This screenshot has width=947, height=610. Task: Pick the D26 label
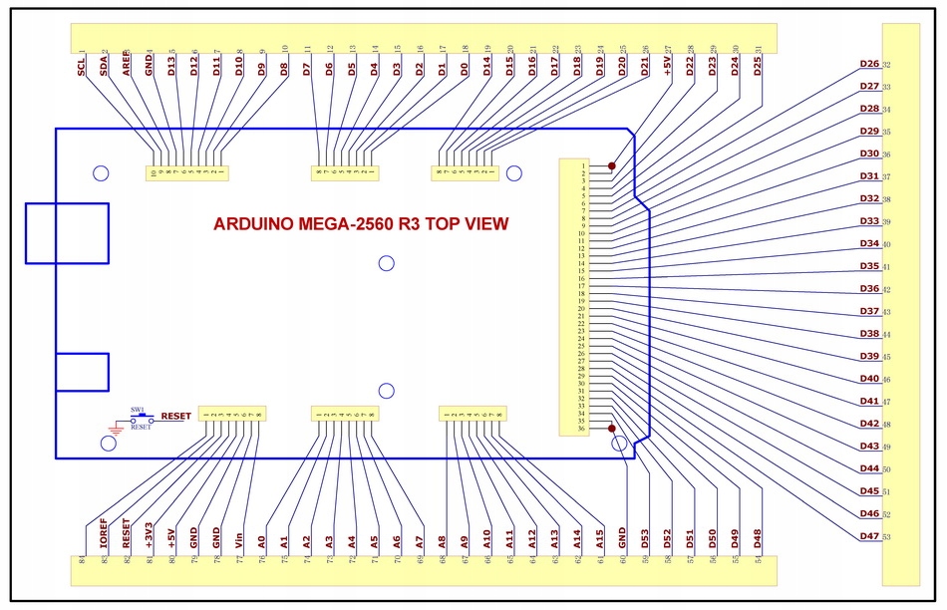tap(869, 65)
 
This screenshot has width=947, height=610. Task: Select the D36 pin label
tap(869, 289)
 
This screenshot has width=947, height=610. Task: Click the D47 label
tap(869, 537)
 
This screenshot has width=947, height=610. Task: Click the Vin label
tap(239, 540)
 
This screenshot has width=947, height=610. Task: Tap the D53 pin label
tap(645, 539)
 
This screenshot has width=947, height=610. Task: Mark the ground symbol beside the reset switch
tap(114, 431)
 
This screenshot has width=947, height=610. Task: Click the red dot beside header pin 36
tap(611, 430)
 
